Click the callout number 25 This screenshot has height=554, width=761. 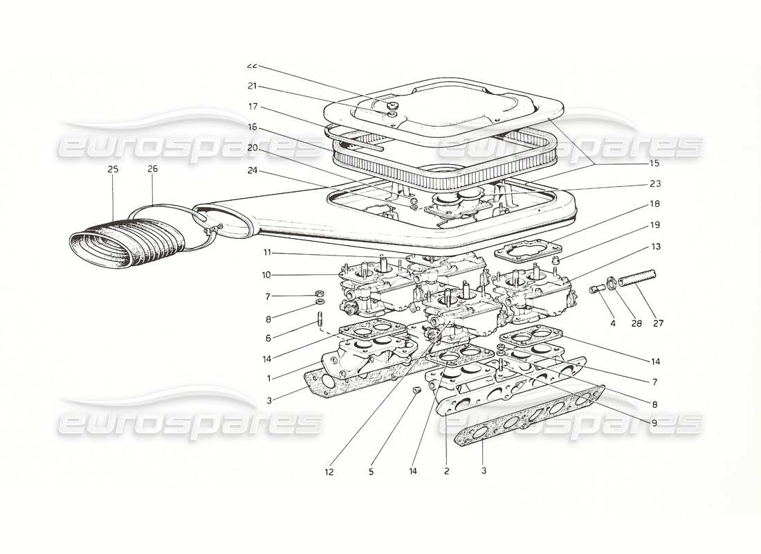coord(113,169)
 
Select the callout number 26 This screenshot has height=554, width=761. coord(153,169)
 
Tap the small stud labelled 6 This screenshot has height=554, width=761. coord(321,321)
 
